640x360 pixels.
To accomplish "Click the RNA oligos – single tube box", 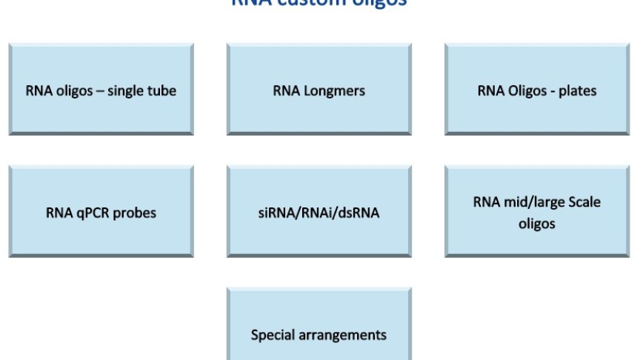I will (x=101, y=91).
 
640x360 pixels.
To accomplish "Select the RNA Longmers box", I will (x=319, y=91).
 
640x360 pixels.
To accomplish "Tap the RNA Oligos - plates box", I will (x=537, y=91).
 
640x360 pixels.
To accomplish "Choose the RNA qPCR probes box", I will (x=101, y=213).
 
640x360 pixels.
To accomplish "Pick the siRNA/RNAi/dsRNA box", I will (x=319, y=213).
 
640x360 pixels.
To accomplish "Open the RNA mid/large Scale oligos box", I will (x=537, y=213).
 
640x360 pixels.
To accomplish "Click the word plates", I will (x=579, y=92).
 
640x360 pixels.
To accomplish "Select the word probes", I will (x=134, y=214).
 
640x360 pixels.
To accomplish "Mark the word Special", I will (x=273, y=335).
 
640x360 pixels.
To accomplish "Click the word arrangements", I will (x=342, y=336).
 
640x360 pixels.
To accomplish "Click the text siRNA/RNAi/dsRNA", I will (x=319, y=214).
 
